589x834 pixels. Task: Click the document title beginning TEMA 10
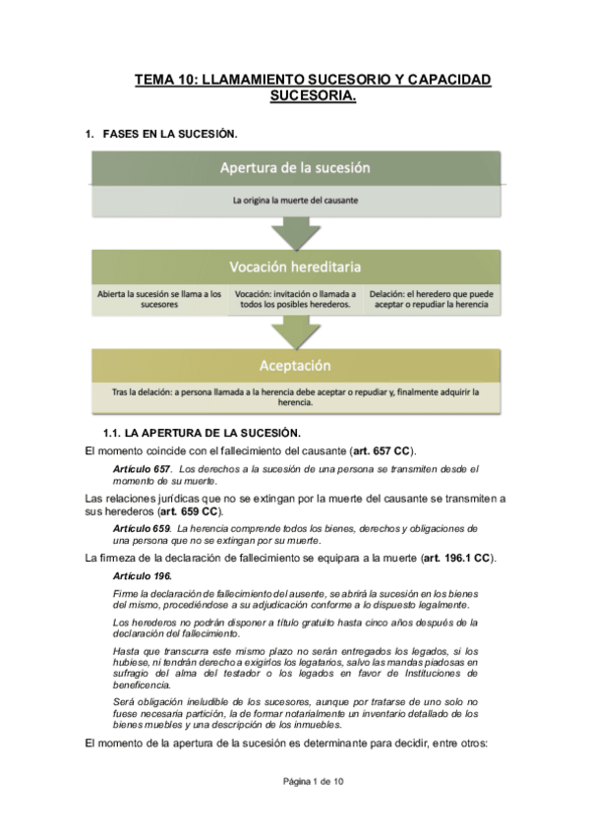pyautogui.click(x=313, y=87)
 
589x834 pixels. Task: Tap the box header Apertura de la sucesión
pyautogui.click(x=294, y=167)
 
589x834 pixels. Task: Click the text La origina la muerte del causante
pyautogui.click(x=294, y=200)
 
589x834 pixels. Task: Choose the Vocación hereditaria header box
pyautogui.click(x=294, y=267)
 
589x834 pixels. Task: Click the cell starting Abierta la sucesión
pyautogui.click(x=159, y=299)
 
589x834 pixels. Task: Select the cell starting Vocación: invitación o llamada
pyautogui.click(x=295, y=299)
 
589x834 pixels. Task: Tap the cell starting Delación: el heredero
pyautogui.click(x=431, y=299)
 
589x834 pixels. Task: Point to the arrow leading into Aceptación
pyautogui.click(x=295, y=334)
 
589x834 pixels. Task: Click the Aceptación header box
pyautogui.click(x=294, y=366)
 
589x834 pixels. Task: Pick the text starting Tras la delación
pyautogui.click(x=295, y=396)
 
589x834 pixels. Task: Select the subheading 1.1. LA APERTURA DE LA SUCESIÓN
pyautogui.click(x=202, y=433)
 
